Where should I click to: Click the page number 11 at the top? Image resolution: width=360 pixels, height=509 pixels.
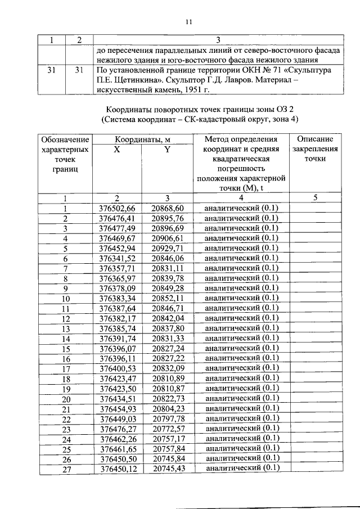(x=188, y=22)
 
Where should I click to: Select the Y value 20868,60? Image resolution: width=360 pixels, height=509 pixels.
(x=167, y=208)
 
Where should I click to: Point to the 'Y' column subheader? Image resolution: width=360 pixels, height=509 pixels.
(x=167, y=150)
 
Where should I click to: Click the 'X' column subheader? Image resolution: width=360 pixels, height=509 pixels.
(x=116, y=150)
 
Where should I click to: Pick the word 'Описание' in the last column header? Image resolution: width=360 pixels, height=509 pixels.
(x=315, y=139)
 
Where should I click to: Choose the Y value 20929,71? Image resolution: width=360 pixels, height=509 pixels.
(x=167, y=248)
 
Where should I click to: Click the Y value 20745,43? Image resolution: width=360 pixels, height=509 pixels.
(x=167, y=468)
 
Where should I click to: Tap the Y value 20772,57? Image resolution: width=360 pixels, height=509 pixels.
(x=167, y=428)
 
